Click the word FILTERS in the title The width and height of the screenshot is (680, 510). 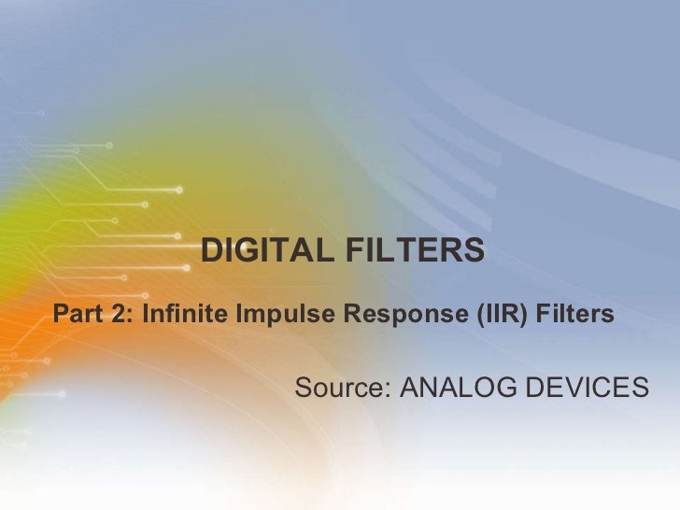click(413, 250)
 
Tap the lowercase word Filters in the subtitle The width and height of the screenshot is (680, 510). click(582, 314)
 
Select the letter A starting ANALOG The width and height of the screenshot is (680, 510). click(408, 386)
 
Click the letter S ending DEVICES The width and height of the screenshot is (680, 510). click(639, 386)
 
